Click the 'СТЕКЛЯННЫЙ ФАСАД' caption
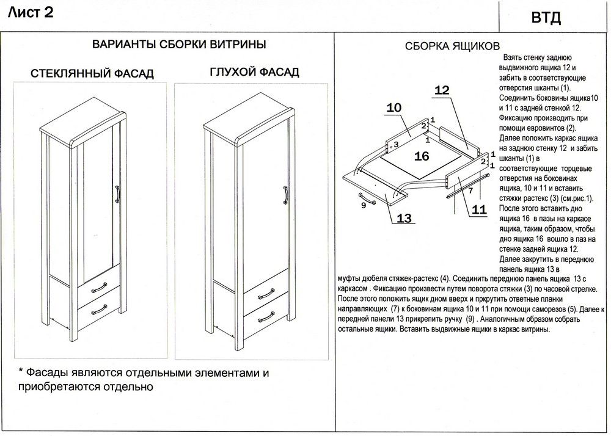pyautogui.click(x=92, y=74)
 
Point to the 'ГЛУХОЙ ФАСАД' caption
pyautogui.click(x=254, y=72)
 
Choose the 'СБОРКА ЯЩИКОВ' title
pyautogui.click(x=453, y=47)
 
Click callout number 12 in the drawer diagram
pyautogui.click(x=442, y=90)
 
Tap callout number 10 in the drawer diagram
pyautogui.click(x=394, y=107)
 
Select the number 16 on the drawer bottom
pyautogui.click(x=422, y=156)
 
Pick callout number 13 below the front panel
pyautogui.click(x=403, y=218)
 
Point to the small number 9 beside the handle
pyautogui.click(x=364, y=205)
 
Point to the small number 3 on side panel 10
pyautogui.click(x=396, y=145)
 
